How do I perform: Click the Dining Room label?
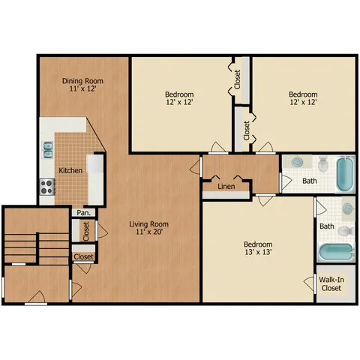82,81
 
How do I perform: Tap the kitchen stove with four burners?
47,187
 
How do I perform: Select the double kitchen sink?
48,149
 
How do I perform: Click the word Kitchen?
70,170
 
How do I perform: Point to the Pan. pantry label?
83,213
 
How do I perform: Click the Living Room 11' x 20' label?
148,228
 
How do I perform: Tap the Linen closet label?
226,186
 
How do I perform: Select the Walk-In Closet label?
331,283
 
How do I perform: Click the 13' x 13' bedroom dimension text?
258,252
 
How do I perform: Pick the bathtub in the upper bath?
345,173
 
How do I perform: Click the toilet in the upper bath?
323,163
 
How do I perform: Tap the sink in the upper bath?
297,162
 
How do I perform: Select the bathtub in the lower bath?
336,252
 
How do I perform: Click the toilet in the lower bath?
346,231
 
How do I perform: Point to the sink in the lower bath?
348,208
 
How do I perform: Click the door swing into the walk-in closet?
309,283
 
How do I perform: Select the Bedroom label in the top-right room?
303,94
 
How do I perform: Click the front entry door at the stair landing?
37,298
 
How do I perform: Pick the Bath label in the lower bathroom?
327,226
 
